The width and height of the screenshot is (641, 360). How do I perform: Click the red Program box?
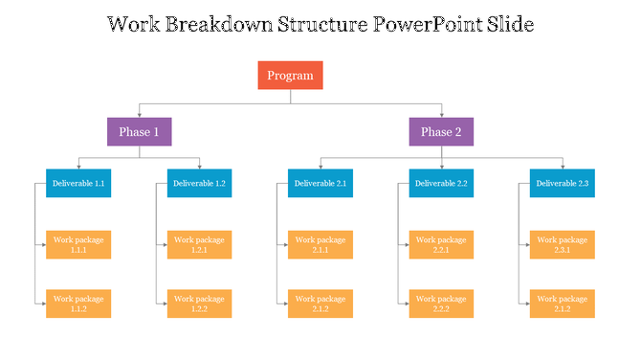click(x=290, y=76)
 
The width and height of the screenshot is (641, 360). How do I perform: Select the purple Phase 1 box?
click(x=139, y=132)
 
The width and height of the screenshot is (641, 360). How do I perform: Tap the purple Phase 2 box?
click(x=441, y=132)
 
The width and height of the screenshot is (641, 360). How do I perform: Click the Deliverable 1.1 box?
click(x=78, y=183)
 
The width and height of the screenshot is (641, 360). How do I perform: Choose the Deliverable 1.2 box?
click(x=199, y=183)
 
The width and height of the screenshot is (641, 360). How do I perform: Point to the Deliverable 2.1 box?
click(x=320, y=183)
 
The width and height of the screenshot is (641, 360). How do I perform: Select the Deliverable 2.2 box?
click(x=441, y=183)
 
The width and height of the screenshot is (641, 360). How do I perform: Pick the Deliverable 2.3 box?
click(x=562, y=183)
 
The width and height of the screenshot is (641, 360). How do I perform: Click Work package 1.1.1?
click(x=78, y=245)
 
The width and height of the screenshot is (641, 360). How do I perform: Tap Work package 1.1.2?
click(x=78, y=304)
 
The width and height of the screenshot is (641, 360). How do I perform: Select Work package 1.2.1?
click(x=199, y=245)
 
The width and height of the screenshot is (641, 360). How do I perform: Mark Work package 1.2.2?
click(x=199, y=304)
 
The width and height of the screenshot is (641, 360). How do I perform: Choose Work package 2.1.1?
click(x=320, y=245)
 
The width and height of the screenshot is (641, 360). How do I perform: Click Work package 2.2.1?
click(x=441, y=245)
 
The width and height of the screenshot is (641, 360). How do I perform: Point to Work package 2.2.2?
click(x=441, y=304)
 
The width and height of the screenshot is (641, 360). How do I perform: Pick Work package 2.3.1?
click(x=562, y=245)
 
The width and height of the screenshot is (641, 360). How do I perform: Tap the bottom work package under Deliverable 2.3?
click(x=562, y=304)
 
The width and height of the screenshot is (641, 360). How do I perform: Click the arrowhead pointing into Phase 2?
click(x=441, y=116)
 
